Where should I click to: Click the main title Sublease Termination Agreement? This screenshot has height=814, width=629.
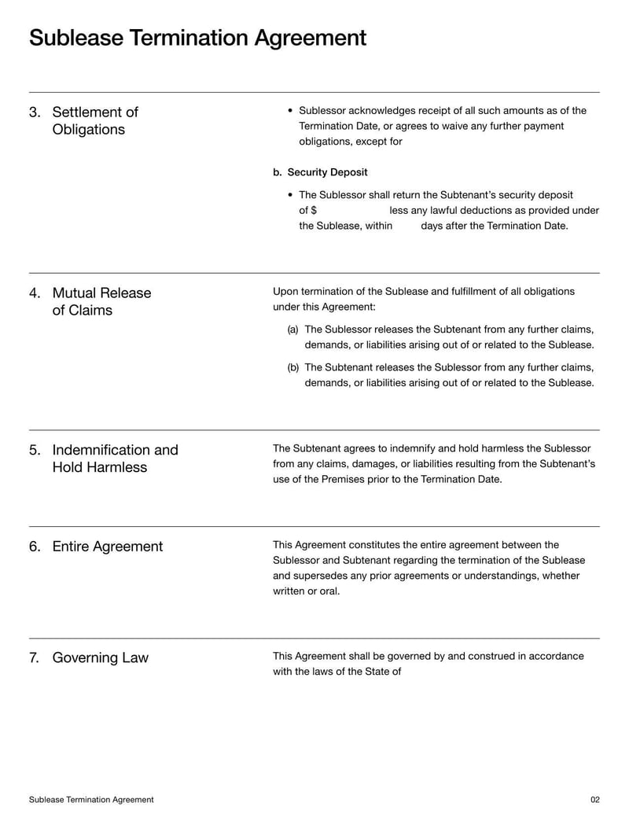tap(197, 38)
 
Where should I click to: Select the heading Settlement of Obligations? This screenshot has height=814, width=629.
tap(94, 120)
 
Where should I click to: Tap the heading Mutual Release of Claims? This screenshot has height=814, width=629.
tap(101, 301)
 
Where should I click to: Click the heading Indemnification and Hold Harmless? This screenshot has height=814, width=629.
tap(115, 459)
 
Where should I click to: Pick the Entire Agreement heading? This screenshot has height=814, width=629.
tap(107, 547)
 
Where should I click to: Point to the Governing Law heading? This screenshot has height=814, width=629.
tap(100, 657)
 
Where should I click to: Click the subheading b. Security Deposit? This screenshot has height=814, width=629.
tap(320, 172)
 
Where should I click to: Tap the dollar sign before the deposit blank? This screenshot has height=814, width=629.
tap(313, 210)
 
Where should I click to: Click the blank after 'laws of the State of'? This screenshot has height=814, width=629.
tap(440, 672)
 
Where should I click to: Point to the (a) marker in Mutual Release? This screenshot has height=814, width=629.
tap(292, 330)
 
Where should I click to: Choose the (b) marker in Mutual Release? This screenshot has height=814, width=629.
tap(292, 367)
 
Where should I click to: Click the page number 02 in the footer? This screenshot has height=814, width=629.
tap(594, 799)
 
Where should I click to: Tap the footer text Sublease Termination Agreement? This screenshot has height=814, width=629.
tap(91, 799)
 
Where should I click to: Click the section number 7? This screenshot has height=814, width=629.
tap(34, 657)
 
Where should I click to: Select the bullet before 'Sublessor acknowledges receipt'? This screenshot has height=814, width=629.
tap(291, 111)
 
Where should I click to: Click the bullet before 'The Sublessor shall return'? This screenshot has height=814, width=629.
tap(291, 195)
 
